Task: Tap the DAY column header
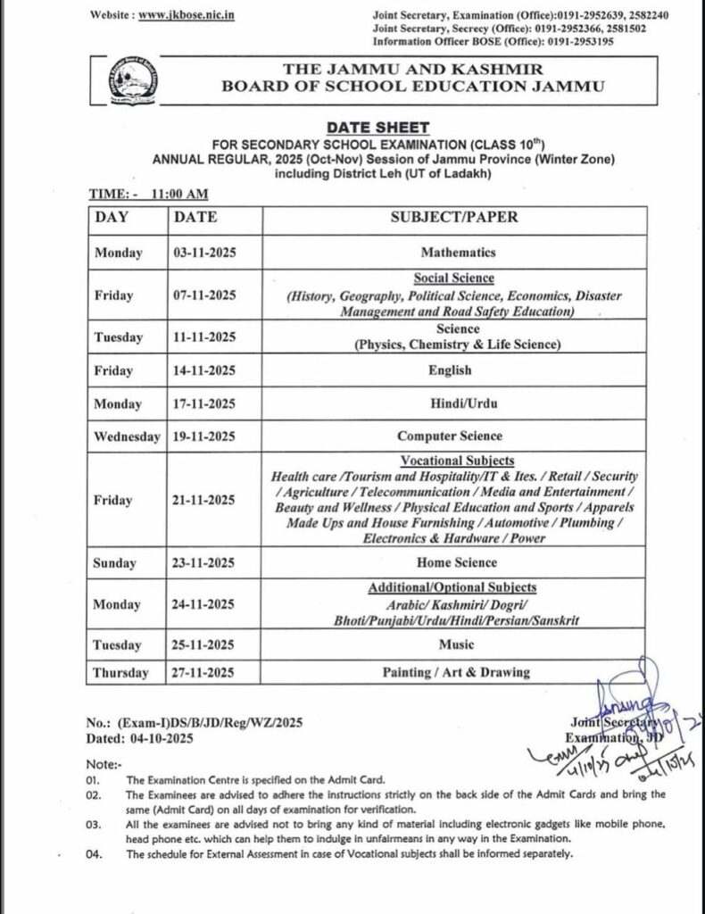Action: tap(112, 217)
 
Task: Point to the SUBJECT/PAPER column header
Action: tap(453, 217)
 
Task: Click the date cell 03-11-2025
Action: tap(204, 253)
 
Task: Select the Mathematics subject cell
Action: tap(458, 253)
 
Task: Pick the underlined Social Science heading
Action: tap(453, 278)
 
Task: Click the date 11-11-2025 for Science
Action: tap(204, 337)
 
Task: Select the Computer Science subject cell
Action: tap(450, 436)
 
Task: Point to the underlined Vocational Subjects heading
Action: tap(457, 461)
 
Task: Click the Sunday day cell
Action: tap(116, 563)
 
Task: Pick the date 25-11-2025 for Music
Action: tap(204, 645)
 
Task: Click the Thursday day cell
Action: tap(121, 673)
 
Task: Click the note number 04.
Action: tap(94, 854)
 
